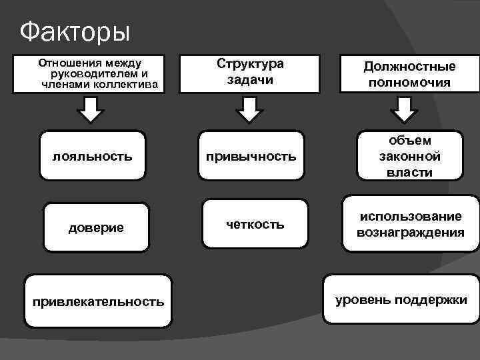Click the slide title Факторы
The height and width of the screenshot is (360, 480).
click(75, 31)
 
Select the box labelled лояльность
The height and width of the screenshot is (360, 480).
click(92, 155)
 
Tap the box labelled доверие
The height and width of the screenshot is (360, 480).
click(96, 227)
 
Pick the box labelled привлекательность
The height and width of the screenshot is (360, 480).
click(98, 301)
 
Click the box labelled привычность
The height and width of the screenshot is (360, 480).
click(251, 156)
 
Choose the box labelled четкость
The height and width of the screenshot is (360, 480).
click(255, 225)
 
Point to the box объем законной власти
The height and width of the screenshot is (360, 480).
click(409, 156)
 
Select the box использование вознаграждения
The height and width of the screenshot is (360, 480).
click(410, 225)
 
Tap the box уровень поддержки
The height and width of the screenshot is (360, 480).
click(401, 299)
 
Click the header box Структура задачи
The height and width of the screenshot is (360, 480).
click(251, 72)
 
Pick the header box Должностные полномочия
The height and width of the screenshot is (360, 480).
click(409, 74)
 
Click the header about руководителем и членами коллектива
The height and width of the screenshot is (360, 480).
click(98, 73)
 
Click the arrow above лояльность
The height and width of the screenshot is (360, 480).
click(91, 109)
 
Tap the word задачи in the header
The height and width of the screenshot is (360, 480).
click(251, 80)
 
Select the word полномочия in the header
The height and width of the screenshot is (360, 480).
click(409, 83)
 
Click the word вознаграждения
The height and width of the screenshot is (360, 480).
click(410, 233)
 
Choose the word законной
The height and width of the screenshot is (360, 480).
click(409, 157)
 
